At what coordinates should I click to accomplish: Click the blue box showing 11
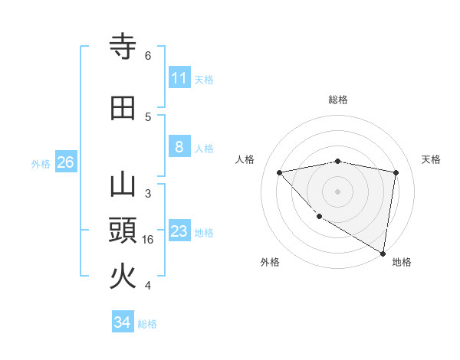click(x=179, y=78)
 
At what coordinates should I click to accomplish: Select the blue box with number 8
click(x=179, y=147)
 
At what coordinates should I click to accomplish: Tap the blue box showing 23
click(x=179, y=231)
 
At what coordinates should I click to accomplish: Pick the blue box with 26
click(x=65, y=162)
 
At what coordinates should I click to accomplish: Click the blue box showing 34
click(x=123, y=322)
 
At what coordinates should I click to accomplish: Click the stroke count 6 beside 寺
click(x=148, y=56)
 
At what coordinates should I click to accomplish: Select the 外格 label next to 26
click(x=41, y=163)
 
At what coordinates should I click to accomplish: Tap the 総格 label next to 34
click(x=147, y=324)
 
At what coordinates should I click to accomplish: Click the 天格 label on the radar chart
click(x=431, y=159)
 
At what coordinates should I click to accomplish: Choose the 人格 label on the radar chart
click(x=245, y=159)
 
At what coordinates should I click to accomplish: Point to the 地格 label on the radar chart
click(x=402, y=262)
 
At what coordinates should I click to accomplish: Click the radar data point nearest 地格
click(x=383, y=253)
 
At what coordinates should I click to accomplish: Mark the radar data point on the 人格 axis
click(x=279, y=172)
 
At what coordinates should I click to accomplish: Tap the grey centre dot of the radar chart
click(x=337, y=191)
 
